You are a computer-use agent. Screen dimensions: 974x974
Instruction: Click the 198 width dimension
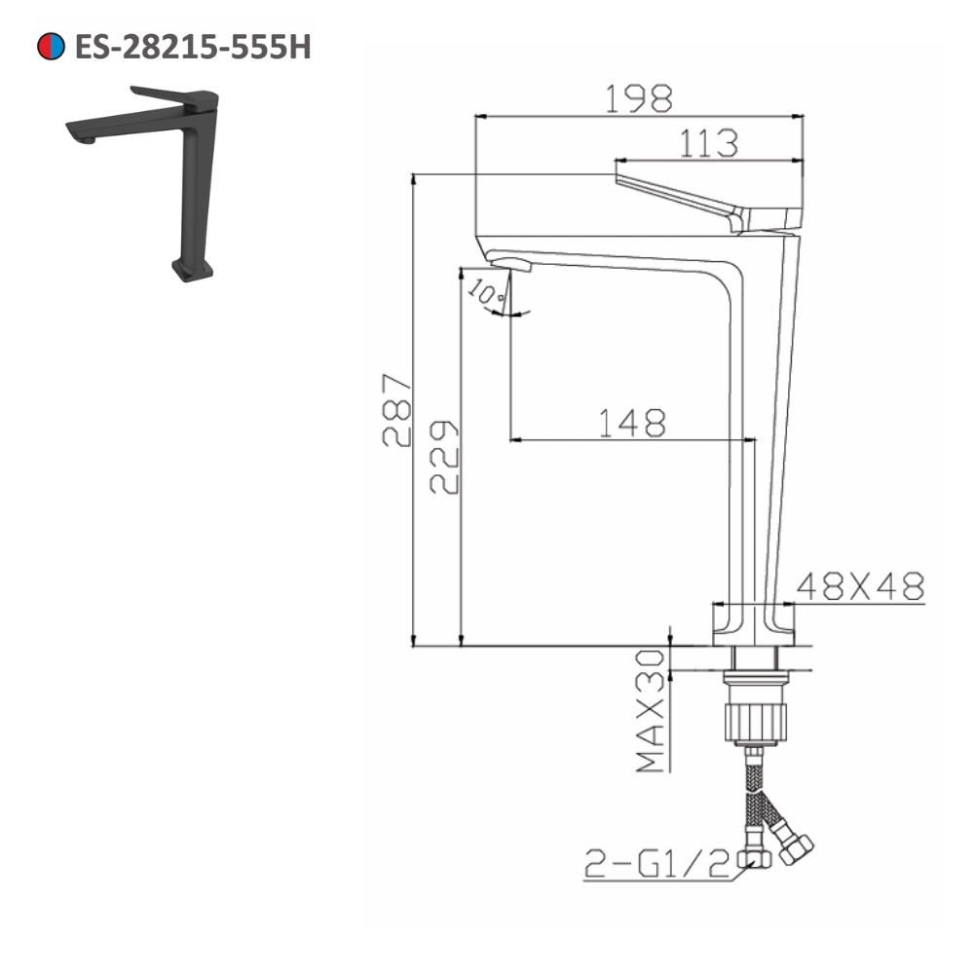pyautogui.click(x=639, y=97)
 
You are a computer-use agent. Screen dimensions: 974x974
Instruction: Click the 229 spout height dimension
pyautogui.click(x=444, y=458)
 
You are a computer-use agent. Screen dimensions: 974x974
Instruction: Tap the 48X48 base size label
pyautogui.click(x=860, y=585)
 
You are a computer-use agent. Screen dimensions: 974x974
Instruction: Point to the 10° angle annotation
pyautogui.click(x=484, y=291)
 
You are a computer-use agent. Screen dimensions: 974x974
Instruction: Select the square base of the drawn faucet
pyautogui.click(x=754, y=623)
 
